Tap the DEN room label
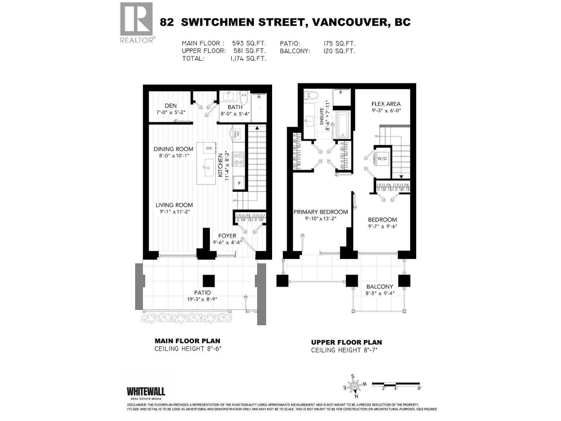[x=171, y=106]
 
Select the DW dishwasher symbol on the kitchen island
[x=209, y=148]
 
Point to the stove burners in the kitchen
[x=238, y=159]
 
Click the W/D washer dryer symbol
[x=382, y=159]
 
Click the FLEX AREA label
[x=386, y=104]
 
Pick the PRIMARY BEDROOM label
[x=320, y=212]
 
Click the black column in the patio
[x=209, y=281]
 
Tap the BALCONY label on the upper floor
[x=380, y=287]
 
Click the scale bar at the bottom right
[x=396, y=384]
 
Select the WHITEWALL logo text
[x=146, y=391]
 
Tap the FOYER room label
[x=227, y=236]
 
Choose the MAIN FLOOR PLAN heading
[x=188, y=341]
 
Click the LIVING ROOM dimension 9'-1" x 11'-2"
[x=174, y=212]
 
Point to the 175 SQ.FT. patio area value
[x=339, y=44]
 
